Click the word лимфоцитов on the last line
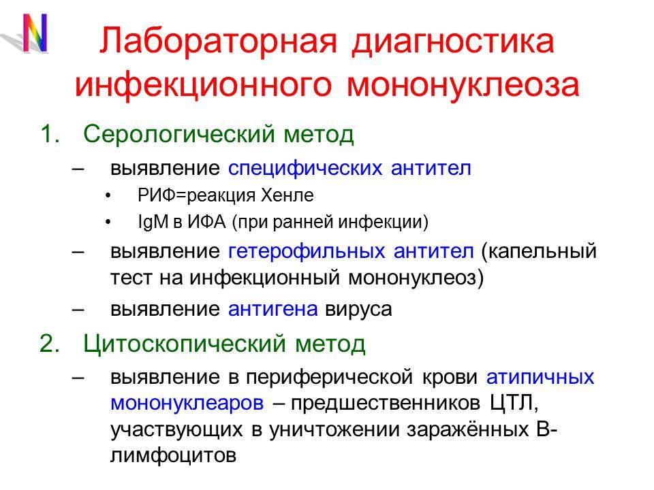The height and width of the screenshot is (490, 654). [173, 455]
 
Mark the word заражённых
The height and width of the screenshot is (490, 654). [450, 429]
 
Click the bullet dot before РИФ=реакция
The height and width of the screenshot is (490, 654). [111, 197]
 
